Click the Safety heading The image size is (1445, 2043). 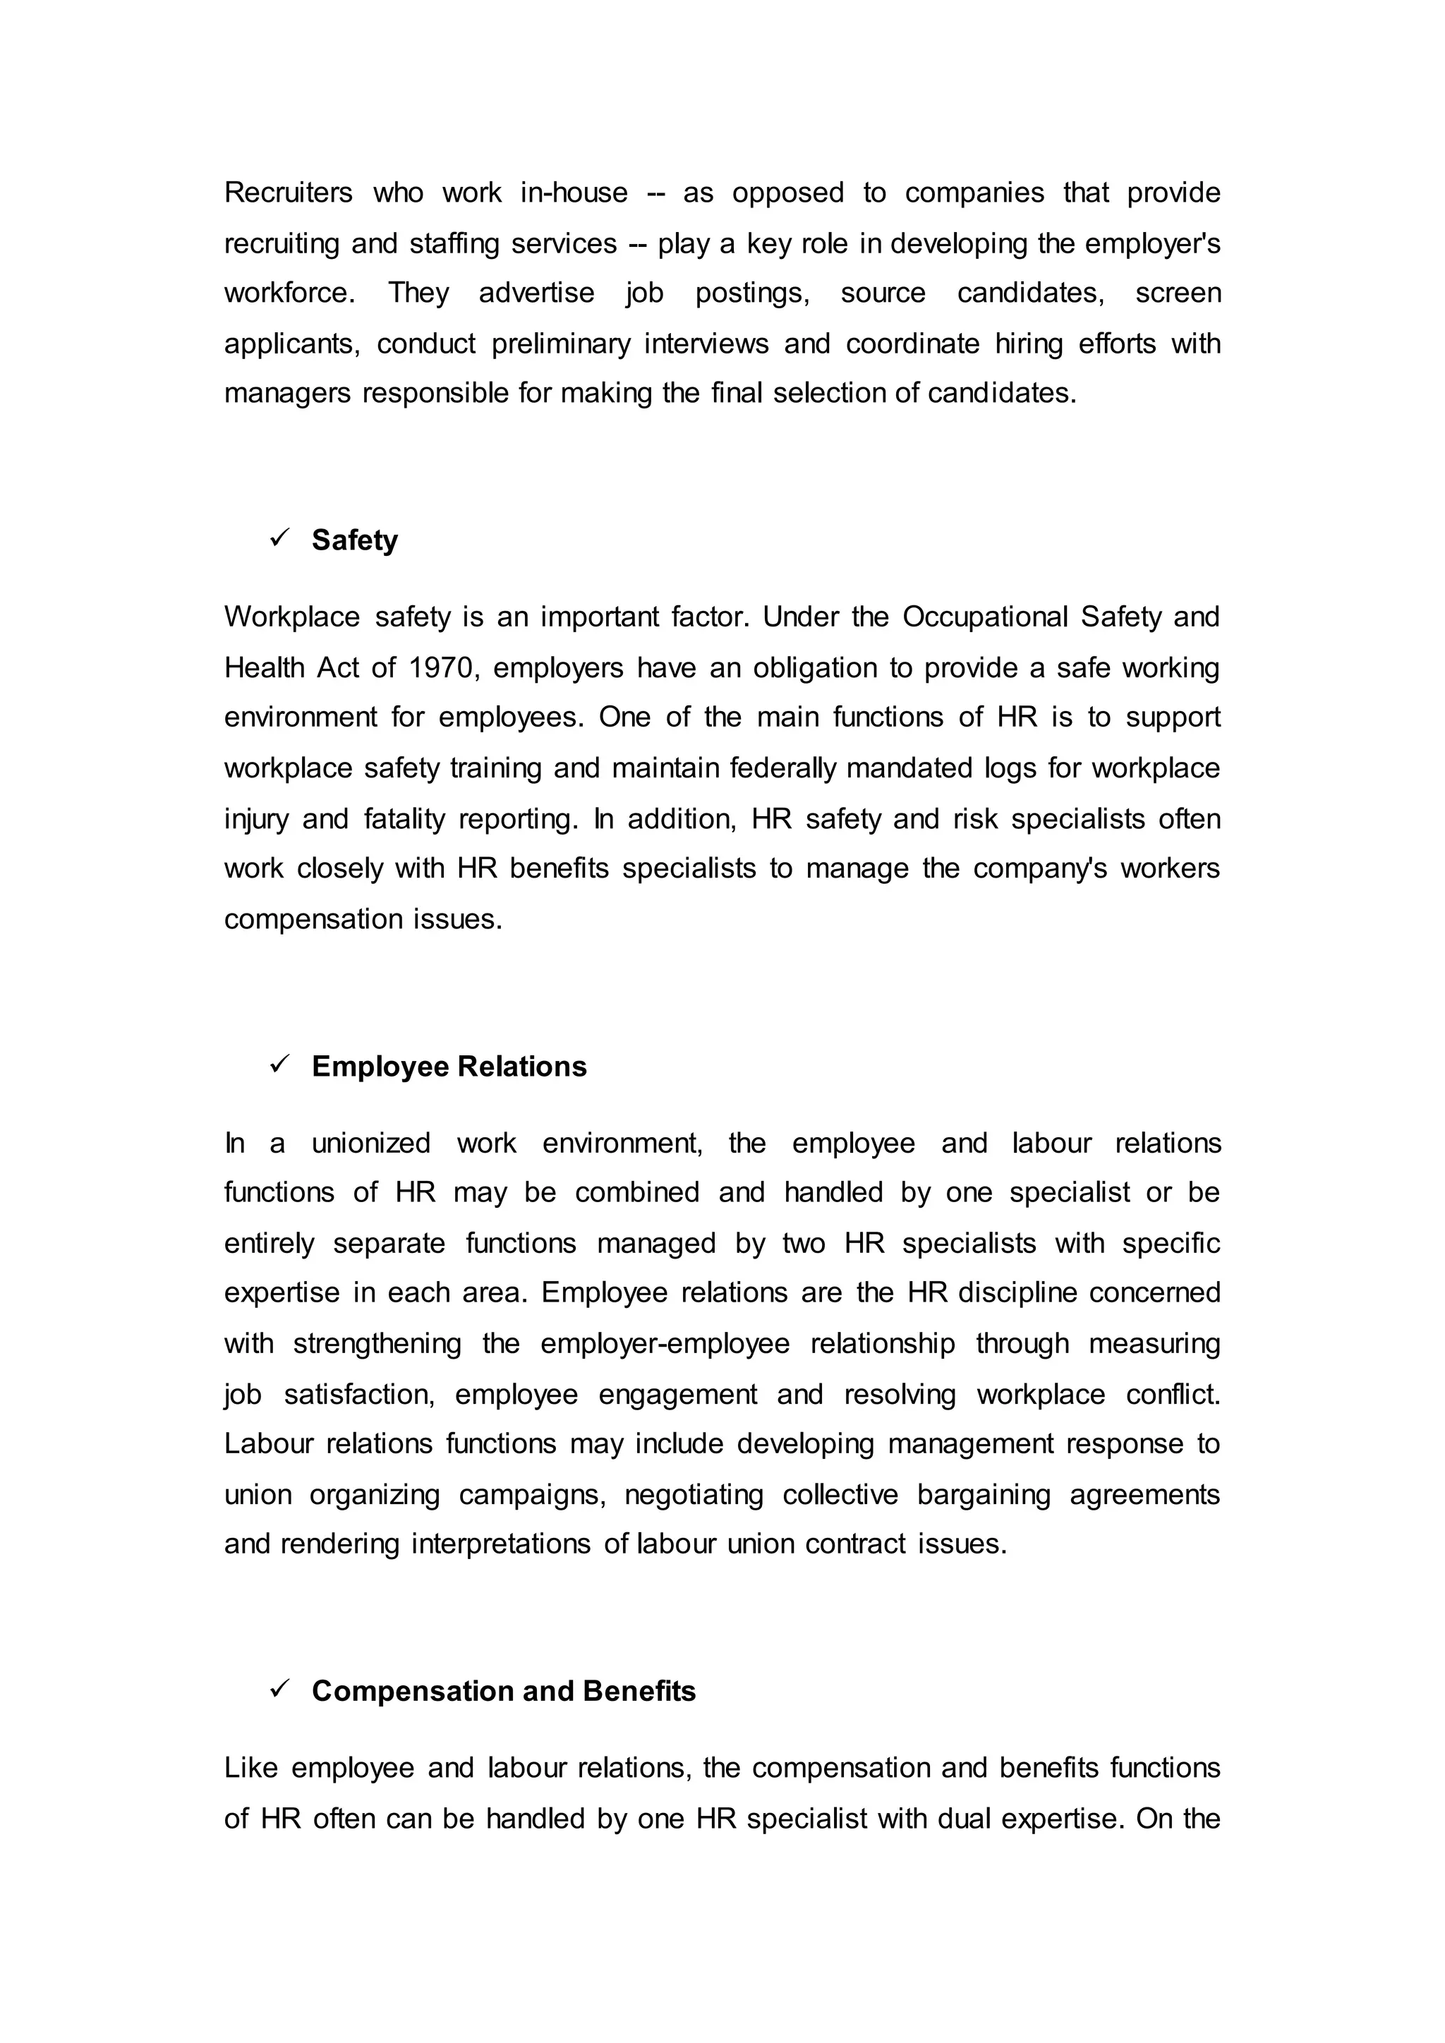354,540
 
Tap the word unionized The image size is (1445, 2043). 370,1144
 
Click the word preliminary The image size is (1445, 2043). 560,344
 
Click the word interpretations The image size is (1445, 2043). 500,1544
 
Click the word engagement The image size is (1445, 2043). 677,1394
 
